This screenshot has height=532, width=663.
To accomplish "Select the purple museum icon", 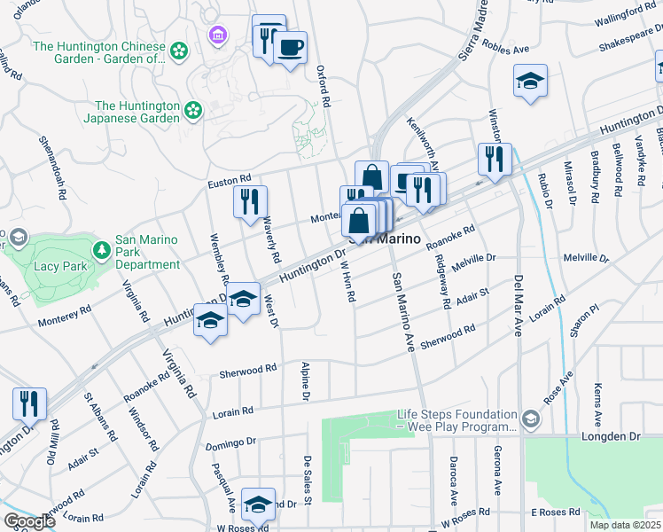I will click(x=215, y=35).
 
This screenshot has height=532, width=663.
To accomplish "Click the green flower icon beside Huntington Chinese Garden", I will click(x=180, y=51).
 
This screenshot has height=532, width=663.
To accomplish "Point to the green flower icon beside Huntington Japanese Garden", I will click(x=192, y=111).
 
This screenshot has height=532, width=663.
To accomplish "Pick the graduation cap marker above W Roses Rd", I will click(x=258, y=504).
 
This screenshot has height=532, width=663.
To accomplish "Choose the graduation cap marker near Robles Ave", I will click(x=530, y=81).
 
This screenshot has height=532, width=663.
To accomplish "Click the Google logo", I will click(x=28, y=521).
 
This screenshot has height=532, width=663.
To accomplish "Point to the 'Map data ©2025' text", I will click(x=626, y=525).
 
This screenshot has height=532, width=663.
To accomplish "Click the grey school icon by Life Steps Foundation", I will click(x=529, y=419).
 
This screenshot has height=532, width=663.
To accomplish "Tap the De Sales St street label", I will click(x=308, y=480).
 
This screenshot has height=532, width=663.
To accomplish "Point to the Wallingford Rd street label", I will click(x=625, y=15).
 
